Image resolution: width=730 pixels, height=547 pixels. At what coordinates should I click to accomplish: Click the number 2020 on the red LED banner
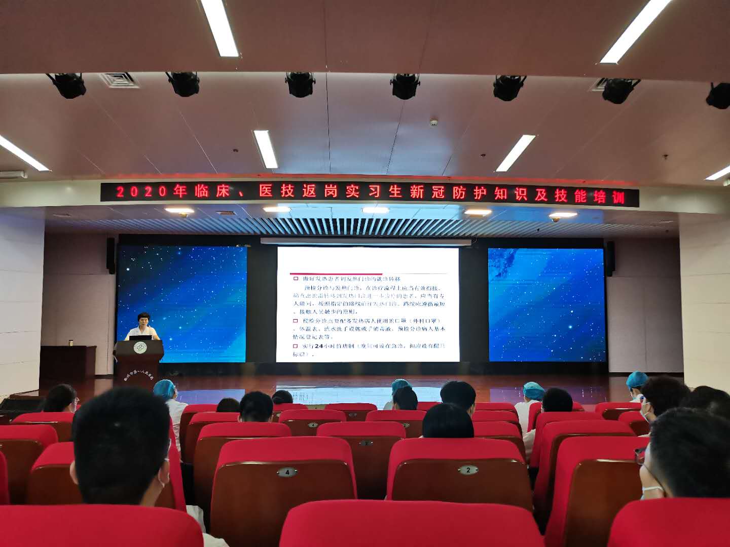click(141, 191)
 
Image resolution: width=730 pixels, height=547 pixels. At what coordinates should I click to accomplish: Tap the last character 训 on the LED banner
click(618, 197)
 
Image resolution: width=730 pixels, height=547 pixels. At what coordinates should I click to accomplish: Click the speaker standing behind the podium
click(143, 327)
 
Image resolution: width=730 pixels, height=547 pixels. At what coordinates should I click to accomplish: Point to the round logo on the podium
click(140, 348)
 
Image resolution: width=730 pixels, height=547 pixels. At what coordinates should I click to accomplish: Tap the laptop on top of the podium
click(140, 337)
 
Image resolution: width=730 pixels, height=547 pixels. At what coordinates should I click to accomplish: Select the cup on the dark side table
click(71, 343)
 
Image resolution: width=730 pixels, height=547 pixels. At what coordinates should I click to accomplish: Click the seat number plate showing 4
click(287, 472)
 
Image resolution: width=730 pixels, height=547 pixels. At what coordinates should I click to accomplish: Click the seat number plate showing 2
click(468, 470)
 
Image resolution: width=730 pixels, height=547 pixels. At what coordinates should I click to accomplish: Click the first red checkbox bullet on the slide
click(296, 279)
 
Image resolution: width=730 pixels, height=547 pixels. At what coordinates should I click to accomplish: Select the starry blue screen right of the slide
click(546, 304)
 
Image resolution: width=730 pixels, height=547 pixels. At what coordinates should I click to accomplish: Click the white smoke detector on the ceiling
click(433, 123)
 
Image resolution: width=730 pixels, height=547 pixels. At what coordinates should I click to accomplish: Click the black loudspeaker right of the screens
click(610, 258)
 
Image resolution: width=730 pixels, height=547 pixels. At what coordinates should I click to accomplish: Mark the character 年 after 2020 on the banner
click(180, 191)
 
